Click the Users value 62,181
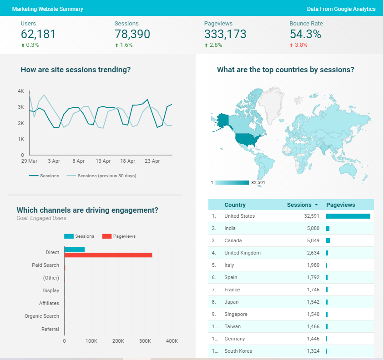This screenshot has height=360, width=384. pyautogui.click(x=38, y=34)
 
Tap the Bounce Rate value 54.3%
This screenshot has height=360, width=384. pyautogui.click(x=305, y=34)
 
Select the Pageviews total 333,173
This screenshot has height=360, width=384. pyautogui.click(x=225, y=34)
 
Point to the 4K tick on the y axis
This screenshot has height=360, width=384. pyautogui.click(x=21, y=91)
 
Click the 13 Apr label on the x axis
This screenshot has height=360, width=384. pyautogui.click(x=103, y=161)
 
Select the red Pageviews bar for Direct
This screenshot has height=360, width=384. pyautogui.click(x=108, y=255)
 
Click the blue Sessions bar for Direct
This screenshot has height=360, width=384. pyautogui.click(x=75, y=250)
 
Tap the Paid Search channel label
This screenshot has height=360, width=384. pyautogui.click(x=45, y=265)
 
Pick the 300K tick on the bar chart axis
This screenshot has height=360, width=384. pyautogui.click(x=145, y=340)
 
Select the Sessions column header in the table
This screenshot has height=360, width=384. pyautogui.click(x=299, y=205)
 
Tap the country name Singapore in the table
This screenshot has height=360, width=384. pyautogui.click(x=236, y=314)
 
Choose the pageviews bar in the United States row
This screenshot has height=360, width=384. pyautogui.click(x=348, y=216)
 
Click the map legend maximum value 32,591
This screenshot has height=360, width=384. pyautogui.click(x=258, y=183)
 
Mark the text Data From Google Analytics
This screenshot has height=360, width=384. pyautogui.click(x=341, y=9)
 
